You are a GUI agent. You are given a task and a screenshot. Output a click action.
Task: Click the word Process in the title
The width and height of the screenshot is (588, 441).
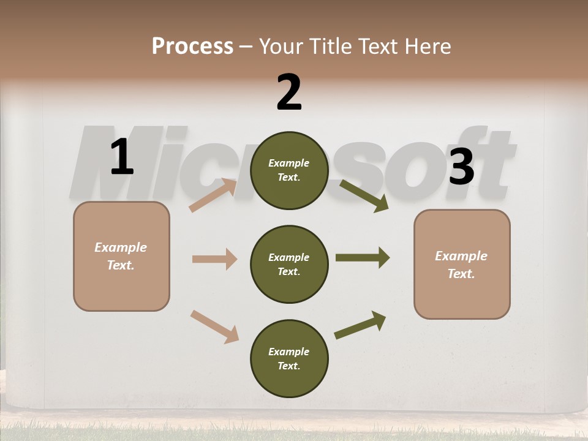(x=192, y=46)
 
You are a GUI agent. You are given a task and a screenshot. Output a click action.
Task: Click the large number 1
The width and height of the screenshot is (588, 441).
(x=122, y=157)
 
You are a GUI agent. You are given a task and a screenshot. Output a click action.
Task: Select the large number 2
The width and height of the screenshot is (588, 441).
(x=289, y=93)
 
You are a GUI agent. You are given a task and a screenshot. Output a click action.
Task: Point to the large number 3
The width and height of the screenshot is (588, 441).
(x=461, y=167)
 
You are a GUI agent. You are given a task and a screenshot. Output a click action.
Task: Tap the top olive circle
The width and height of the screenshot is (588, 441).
(x=289, y=170)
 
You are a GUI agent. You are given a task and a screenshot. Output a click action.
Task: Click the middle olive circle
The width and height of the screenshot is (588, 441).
(x=289, y=265)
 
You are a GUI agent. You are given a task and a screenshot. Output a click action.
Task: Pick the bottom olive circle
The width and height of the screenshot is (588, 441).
(x=289, y=359)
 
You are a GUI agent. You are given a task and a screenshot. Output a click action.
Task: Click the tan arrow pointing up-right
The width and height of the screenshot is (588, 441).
(x=213, y=195)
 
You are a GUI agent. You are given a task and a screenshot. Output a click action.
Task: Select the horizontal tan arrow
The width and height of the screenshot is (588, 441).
(x=214, y=259)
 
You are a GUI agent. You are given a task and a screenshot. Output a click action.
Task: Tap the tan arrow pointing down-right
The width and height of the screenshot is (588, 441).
(x=214, y=326)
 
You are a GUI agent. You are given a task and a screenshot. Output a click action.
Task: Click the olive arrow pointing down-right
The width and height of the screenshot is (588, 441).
(x=364, y=195)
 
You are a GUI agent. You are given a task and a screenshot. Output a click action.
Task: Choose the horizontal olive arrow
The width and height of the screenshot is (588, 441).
(x=362, y=258)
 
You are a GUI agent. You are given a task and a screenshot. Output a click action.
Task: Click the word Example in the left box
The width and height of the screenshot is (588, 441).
(x=121, y=247)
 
